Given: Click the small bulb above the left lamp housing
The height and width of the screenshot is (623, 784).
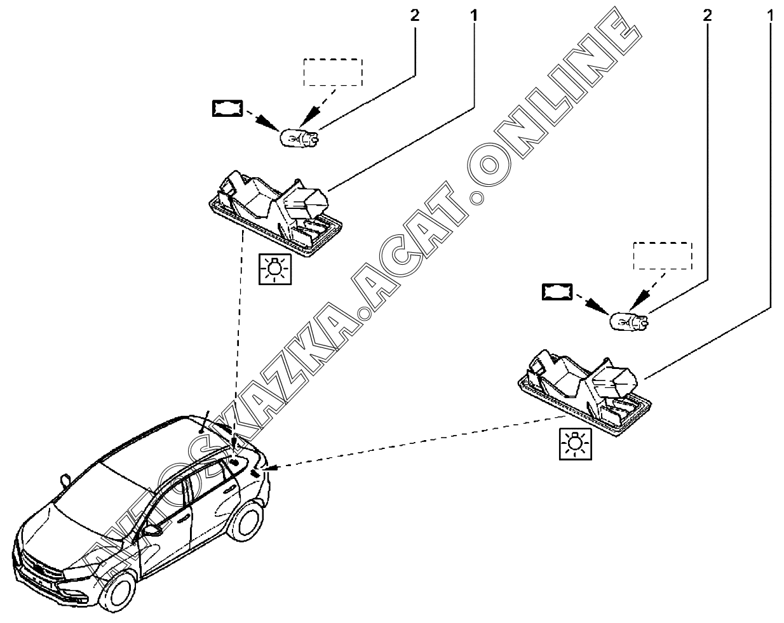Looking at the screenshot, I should tap(299, 137).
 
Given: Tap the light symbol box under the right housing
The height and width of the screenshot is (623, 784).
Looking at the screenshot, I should tap(575, 443).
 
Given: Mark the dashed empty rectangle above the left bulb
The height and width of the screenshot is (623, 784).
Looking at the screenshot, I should tap(333, 72).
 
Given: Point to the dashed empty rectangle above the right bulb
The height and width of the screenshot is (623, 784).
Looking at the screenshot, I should tap(663, 256).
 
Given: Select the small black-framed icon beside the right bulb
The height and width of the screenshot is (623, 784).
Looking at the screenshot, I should tap(557, 291).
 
